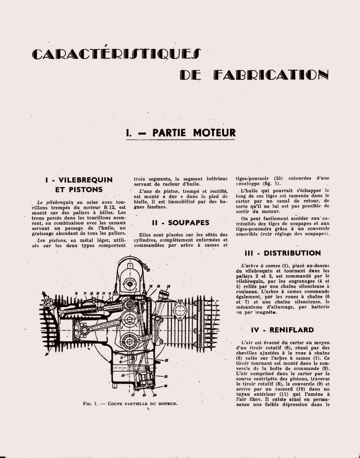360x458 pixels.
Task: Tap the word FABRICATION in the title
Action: coord(271,75)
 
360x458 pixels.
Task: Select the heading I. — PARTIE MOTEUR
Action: coord(181,133)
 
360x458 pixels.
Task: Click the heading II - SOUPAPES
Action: coord(181,223)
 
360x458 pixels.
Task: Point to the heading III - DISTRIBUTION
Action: coord(283,253)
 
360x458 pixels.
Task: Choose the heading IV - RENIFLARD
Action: coord(283,330)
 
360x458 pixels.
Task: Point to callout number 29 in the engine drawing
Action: coord(168,286)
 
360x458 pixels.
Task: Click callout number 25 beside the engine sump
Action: coord(166,360)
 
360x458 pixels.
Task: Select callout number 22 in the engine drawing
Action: coord(166,376)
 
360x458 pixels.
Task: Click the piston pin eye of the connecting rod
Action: coord(84,330)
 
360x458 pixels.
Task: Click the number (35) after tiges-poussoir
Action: coord(278,178)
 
